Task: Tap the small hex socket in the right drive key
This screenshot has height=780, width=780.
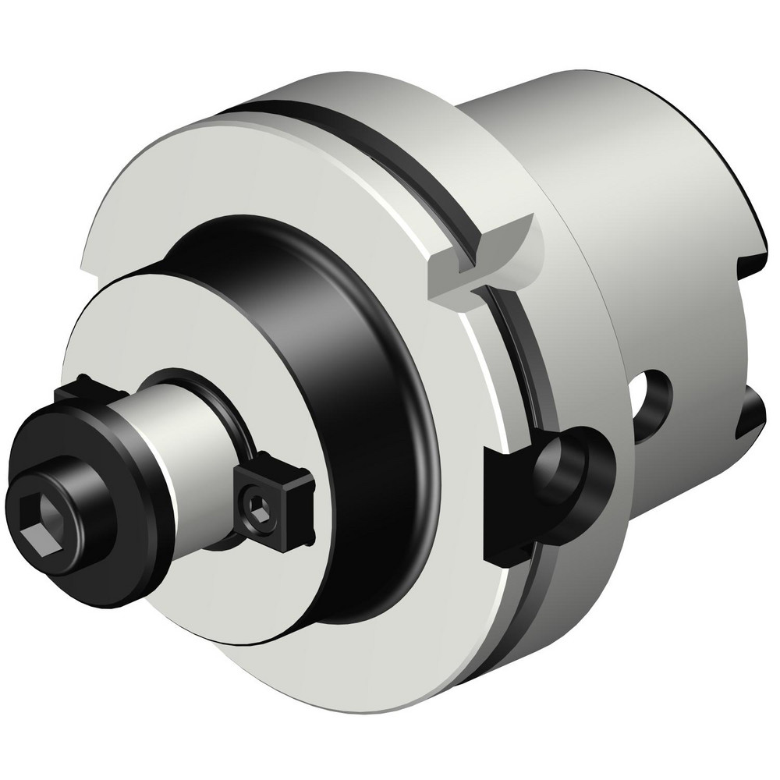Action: point(258,510)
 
